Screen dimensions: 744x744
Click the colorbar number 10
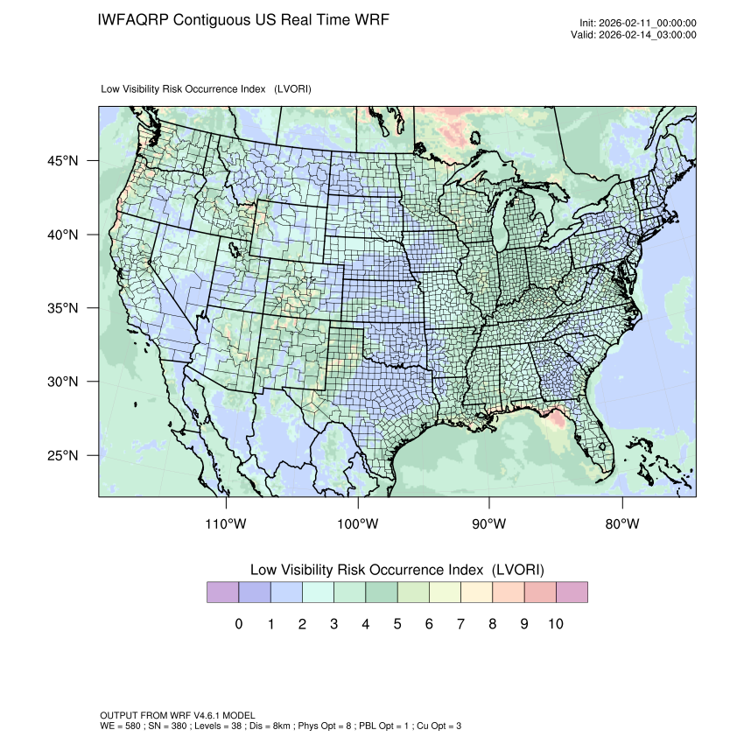[555, 624]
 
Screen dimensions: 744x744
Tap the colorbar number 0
[238, 624]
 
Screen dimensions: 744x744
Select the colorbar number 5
[397, 624]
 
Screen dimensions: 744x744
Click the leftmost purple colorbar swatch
[222, 593]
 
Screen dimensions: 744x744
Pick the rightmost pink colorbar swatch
[572, 593]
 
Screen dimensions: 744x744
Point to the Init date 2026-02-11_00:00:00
[648, 24]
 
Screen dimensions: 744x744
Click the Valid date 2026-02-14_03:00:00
[646, 35]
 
